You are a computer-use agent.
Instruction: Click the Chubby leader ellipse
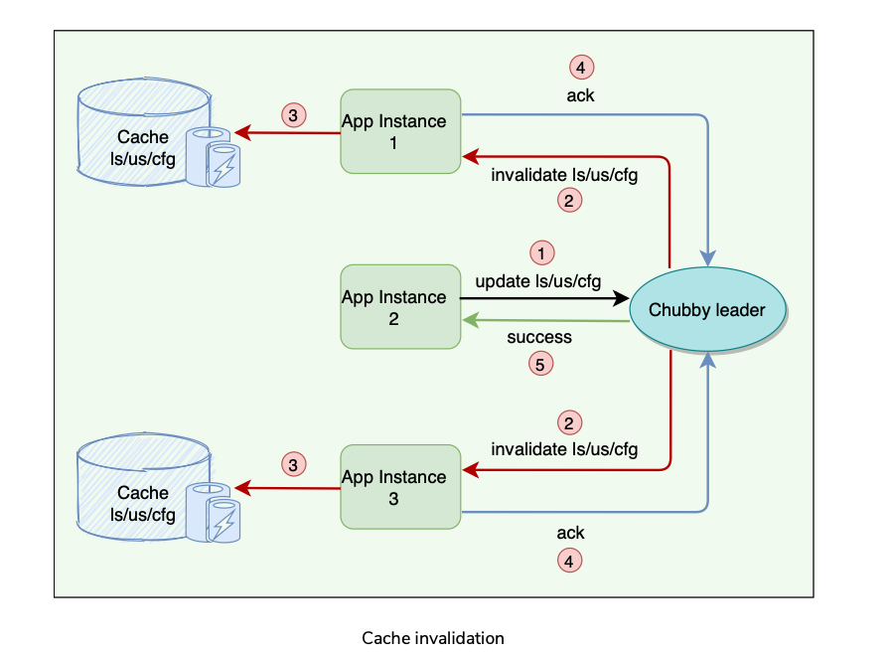(x=707, y=310)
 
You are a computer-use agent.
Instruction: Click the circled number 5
(x=540, y=365)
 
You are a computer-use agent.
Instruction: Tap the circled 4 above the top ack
(x=581, y=68)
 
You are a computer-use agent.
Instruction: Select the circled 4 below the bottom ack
(x=568, y=562)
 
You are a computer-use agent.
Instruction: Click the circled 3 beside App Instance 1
(x=292, y=115)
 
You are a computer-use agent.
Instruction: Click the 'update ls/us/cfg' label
(x=538, y=281)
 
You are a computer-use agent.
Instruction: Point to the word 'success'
(x=539, y=337)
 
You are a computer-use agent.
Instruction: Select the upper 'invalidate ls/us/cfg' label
(x=564, y=175)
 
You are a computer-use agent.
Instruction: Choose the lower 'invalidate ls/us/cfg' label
(x=564, y=449)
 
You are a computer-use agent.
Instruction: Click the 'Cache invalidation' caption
(x=433, y=638)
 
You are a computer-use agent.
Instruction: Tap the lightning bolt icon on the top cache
(x=224, y=166)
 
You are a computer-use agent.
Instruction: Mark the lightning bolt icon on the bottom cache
(x=224, y=523)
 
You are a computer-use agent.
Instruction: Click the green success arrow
(x=546, y=320)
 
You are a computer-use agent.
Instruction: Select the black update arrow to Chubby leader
(x=546, y=297)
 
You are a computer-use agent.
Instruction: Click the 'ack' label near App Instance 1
(x=581, y=95)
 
